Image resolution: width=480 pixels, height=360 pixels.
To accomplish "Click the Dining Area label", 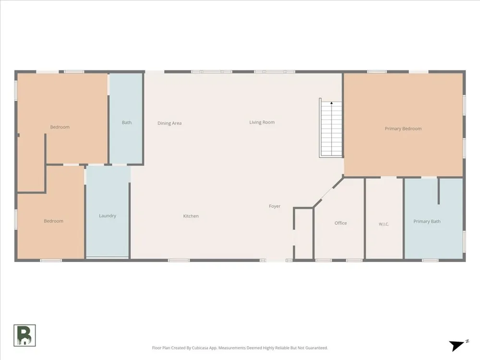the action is pyautogui.click(x=169, y=123).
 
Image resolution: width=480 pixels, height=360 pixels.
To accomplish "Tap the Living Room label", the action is pyautogui.click(x=262, y=122).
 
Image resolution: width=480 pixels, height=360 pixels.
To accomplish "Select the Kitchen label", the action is pyautogui.click(x=191, y=216).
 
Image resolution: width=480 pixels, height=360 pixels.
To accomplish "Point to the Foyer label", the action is pyautogui.click(x=275, y=206).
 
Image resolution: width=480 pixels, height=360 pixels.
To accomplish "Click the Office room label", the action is pyautogui.click(x=340, y=223).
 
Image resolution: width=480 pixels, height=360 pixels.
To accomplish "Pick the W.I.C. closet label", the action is pyautogui.click(x=384, y=224).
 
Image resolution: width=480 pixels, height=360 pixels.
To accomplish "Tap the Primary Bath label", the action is pyautogui.click(x=427, y=221).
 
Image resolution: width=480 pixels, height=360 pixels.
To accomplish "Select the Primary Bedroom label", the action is pyautogui.click(x=403, y=129).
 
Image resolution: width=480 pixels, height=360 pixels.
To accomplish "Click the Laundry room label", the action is pyautogui.click(x=108, y=216).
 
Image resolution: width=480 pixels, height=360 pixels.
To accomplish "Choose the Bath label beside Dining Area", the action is pyautogui.click(x=127, y=122).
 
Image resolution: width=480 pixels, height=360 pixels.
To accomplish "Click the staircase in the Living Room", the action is pyautogui.click(x=331, y=129).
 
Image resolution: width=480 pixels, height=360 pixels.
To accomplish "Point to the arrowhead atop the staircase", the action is pyautogui.click(x=331, y=103).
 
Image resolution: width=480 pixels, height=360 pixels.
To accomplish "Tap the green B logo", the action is pyautogui.click(x=24, y=336).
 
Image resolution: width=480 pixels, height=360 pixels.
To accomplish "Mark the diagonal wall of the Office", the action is pyautogui.click(x=328, y=192).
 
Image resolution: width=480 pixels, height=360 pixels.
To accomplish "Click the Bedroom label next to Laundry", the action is pyautogui.click(x=54, y=221).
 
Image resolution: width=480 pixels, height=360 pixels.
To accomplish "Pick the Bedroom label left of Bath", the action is pyautogui.click(x=60, y=127).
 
